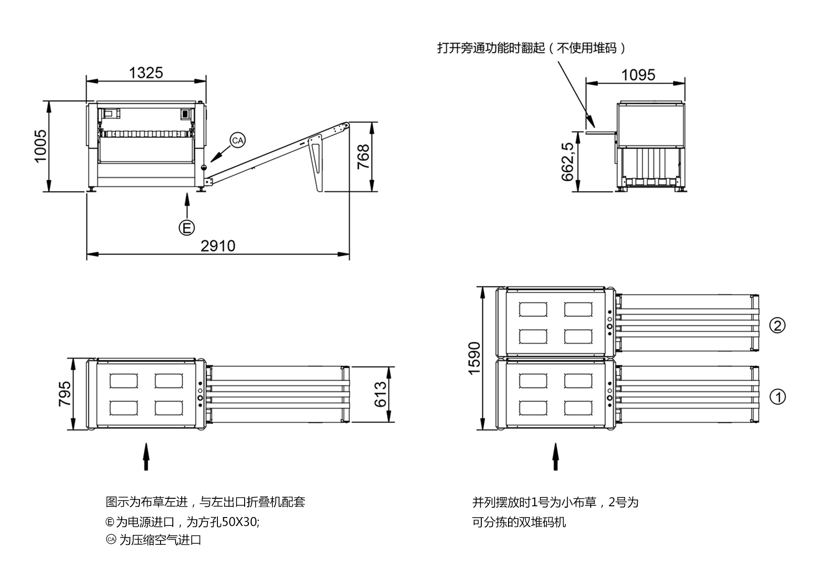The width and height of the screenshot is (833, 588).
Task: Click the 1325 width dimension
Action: tap(146, 73)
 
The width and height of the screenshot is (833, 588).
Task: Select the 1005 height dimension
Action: tap(41, 146)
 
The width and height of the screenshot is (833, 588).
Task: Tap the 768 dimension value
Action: tap(363, 157)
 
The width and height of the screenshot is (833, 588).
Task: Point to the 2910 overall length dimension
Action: tap(218, 246)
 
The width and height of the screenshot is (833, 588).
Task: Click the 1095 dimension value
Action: tap(638, 75)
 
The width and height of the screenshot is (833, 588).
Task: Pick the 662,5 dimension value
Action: tap(567, 162)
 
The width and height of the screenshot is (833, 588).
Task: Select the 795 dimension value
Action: tap(64, 394)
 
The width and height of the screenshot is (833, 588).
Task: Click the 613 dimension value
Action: tap(380, 394)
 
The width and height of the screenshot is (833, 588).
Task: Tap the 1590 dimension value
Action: tap(474, 358)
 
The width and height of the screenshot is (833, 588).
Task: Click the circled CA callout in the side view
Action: tap(238, 140)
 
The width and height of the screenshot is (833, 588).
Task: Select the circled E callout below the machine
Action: tap(186, 228)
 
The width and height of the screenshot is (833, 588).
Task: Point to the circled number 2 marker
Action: tap(778, 325)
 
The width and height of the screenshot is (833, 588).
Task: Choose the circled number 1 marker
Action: tap(778, 397)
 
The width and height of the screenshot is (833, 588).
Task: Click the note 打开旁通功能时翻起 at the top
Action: tap(491, 48)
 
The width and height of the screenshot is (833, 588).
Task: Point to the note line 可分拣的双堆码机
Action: tap(519, 522)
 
